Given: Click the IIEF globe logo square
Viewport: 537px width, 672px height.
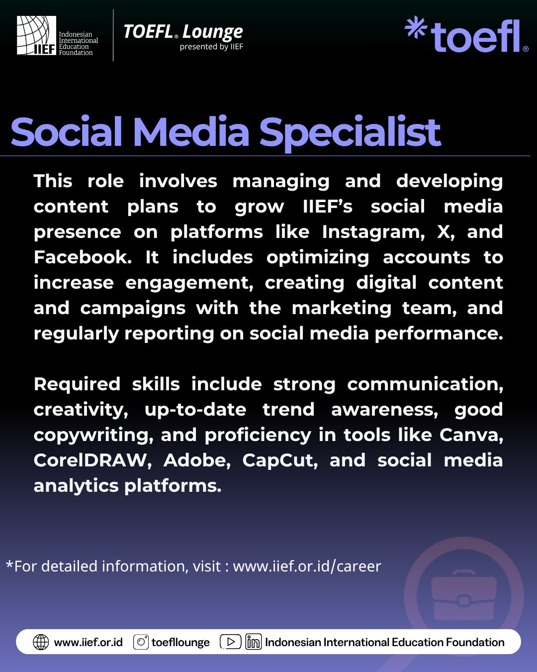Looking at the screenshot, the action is pos(36,35).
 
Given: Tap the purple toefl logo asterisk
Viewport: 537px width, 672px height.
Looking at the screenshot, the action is pos(416,27).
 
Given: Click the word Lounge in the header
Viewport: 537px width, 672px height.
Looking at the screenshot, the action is pos(212,32).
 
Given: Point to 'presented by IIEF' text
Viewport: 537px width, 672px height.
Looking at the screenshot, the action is pos(211,47).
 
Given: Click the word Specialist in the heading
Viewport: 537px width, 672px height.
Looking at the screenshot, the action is pos(350,133).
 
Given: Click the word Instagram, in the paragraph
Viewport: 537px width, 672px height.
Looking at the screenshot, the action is pos(373,232).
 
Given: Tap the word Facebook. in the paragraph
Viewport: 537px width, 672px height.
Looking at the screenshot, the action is pos(83,257).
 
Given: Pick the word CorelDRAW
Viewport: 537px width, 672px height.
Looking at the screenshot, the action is pos(92,460).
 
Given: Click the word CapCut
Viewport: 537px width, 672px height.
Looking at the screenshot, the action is pos(280,460).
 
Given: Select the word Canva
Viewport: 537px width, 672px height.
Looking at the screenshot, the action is pos(471,435).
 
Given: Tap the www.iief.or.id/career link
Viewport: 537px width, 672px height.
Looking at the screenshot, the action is pos(307,566).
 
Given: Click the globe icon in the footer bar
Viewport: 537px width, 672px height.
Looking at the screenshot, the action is pos(41,642).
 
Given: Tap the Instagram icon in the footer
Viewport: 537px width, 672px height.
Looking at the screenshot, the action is pos(141,642).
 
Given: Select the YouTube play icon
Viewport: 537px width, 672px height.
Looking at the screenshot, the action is pos(231,642).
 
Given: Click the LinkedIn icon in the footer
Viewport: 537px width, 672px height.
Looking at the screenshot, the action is pos(254,642).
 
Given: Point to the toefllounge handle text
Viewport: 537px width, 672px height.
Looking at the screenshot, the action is pos(180,642).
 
